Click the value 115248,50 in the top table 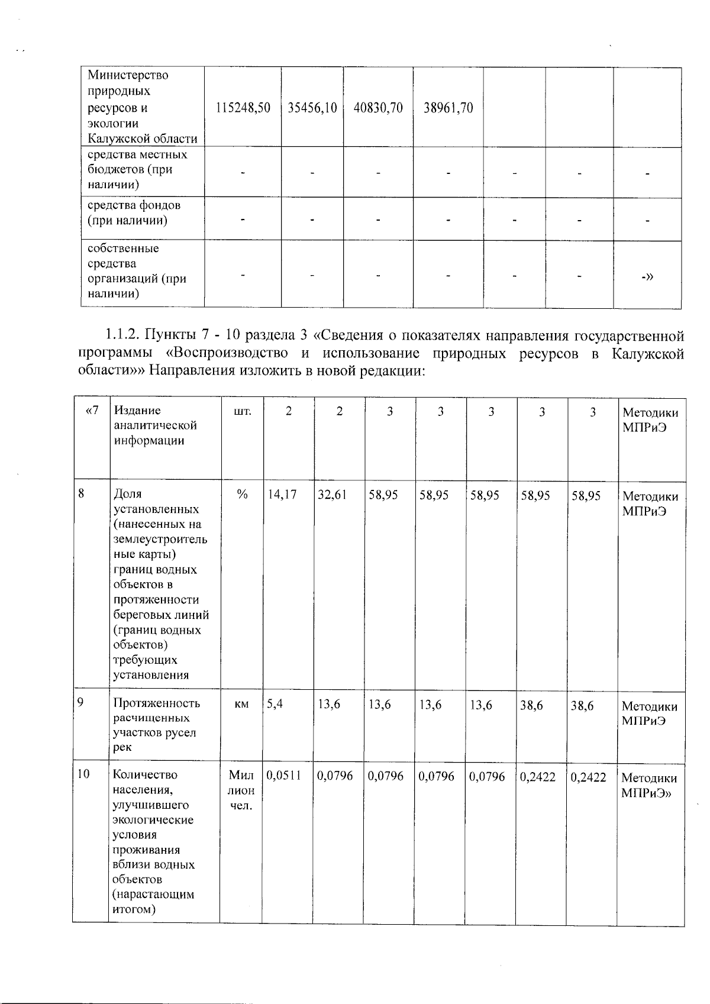pyautogui.click(x=243, y=108)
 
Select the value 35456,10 pyautogui.click(x=312, y=108)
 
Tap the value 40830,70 pyautogui.click(x=378, y=108)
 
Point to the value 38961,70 pyautogui.click(x=448, y=108)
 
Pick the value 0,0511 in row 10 pyautogui.click(x=284, y=776)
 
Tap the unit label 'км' pyautogui.click(x=241, y=705)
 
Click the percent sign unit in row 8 pyautogui.click(x=241, y=496)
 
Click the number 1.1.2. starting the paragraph pyautogui.click(x=124, y=337)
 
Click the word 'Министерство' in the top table pyautogui.click(x=128, y=76)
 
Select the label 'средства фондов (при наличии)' pyautogui.click(x=134, y=213)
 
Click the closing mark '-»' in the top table pyautogui.click(x=647, y=276)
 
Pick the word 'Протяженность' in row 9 pyautogui.click(x=156, y=703)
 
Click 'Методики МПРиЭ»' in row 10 pyautogui.click(x=649, y=786)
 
